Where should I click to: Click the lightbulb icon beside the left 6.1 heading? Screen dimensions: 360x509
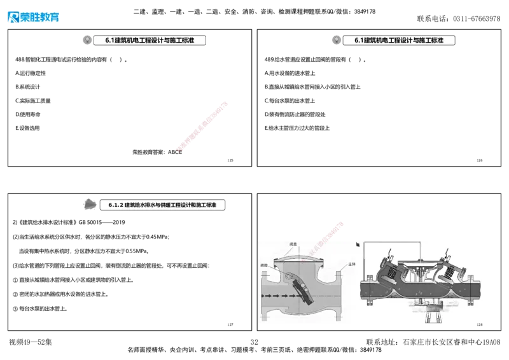click(87, 39)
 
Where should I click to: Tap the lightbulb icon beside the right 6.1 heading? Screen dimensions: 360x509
click(335, 39)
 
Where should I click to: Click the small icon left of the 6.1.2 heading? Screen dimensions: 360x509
click(90, 204)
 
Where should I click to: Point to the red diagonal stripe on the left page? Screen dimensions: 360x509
click(202, 125)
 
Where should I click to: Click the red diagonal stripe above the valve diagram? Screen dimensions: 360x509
click(333, 231)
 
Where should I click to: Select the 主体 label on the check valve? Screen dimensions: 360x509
click(351, 263)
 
